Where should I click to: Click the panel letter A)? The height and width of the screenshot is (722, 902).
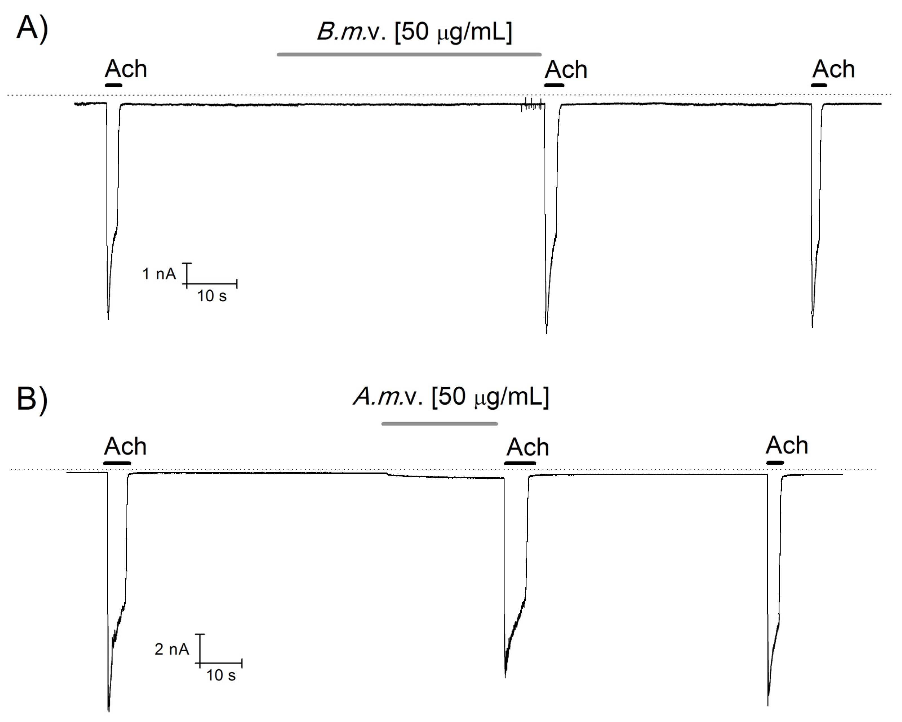pos(32,29)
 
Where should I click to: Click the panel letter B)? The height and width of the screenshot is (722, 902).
pos(32,400)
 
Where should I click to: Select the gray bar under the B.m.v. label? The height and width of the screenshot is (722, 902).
pos(409,54)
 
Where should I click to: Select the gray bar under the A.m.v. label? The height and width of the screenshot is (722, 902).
pos(439,424)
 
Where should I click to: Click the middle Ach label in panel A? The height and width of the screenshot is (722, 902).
pos(566,70)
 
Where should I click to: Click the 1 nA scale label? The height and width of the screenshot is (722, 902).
pos(159,274)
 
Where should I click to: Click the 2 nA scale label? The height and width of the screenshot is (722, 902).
pos(172,649)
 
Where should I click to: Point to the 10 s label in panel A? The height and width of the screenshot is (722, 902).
pos(212,296)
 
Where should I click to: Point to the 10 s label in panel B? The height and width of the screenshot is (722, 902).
pos(221,675)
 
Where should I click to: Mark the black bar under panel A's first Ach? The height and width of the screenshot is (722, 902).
pos(113,85)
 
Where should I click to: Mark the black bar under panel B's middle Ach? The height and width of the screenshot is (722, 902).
pos(520,463)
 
